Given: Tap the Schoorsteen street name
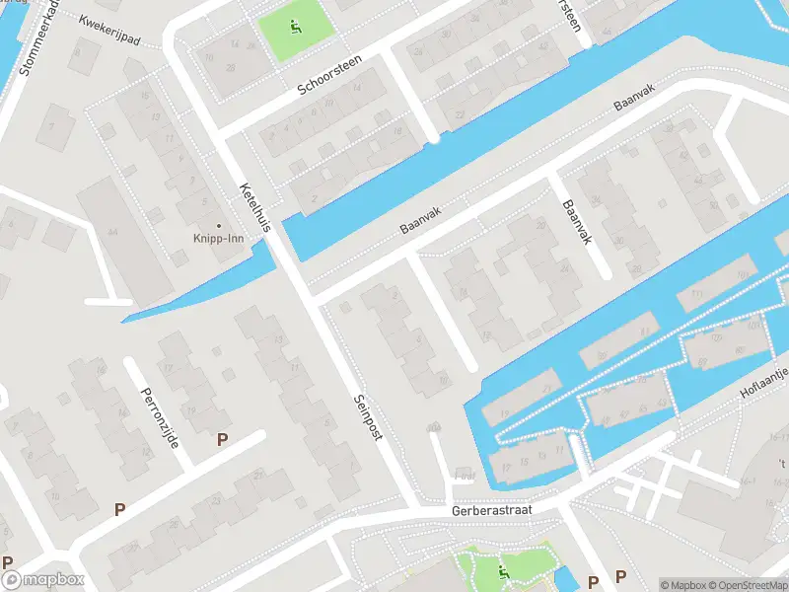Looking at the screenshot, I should [330, 76].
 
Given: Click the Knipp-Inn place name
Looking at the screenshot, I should [218, 238].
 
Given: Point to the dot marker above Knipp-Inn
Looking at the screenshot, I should [218, 225].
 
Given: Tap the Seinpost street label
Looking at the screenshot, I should [367, 418].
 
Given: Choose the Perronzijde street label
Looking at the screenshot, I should [159, 414].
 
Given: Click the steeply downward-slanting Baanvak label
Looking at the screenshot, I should [579, 225].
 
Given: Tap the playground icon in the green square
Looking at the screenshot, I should [295, 27].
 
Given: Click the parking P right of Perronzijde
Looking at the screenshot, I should [223, 439].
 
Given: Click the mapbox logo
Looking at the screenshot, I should [41, 579].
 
